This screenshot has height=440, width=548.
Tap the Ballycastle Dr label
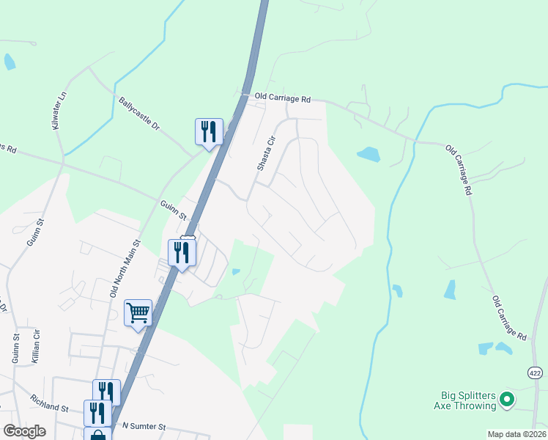138,116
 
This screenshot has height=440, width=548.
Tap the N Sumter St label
145,426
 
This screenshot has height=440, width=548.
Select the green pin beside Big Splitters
507,400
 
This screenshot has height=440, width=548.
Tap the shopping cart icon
138,314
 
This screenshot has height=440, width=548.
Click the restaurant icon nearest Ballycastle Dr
208,132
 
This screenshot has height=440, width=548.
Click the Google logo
24,431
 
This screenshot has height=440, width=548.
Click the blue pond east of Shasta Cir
368,155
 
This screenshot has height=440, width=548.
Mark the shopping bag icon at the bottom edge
97,435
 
